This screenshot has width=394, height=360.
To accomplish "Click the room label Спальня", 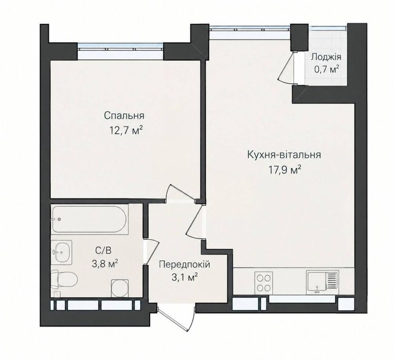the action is (x=124, y=116).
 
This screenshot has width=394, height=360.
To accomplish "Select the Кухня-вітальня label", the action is (x=284, y=155).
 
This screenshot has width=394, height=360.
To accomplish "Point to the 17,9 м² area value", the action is (x=285, y=170).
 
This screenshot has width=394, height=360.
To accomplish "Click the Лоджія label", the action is (x=326, y=57).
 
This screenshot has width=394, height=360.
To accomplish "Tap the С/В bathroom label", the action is (x=103, y=250).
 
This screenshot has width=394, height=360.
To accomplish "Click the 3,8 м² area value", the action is (x=105, y=264).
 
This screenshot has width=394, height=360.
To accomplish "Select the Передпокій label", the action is (x=185, y=264).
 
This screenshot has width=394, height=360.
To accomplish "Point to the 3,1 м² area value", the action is (x=184, y=278).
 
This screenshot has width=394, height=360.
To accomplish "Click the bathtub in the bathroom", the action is (x=90, y=219).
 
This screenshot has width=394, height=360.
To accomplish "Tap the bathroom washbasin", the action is (x=62, y=251).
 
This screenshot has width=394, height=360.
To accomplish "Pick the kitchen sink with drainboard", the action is (x=323, y=282).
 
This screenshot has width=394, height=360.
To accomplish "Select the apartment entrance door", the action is (x=176, y=318).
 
